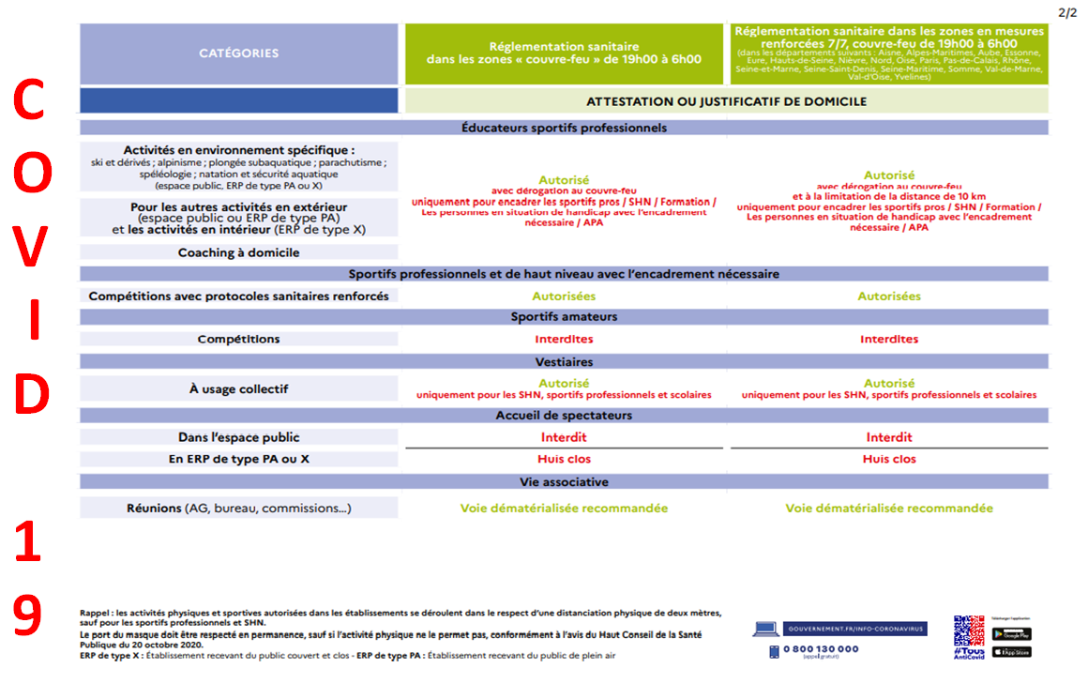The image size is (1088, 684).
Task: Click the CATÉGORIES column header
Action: point(238,53)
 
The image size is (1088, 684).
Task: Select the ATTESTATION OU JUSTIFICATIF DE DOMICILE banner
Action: point(726,101)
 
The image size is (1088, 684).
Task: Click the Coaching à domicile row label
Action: point(238,252)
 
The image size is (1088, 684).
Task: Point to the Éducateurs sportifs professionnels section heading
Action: point(564,128)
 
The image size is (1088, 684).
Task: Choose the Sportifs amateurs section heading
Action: point(564,317)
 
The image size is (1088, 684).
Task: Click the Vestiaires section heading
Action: point(564,362)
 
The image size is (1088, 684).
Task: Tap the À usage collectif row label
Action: point(238,388)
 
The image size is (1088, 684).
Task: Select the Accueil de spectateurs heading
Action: point(564,416)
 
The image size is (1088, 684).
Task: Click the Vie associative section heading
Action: point(564,482)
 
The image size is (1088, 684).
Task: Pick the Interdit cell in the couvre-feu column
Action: point(564,437)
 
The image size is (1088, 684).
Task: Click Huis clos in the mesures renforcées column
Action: point(889,460)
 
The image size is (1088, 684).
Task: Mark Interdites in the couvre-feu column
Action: point(564,340)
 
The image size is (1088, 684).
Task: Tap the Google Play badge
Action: point(1011,634)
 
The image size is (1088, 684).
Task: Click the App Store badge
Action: point(1011,651)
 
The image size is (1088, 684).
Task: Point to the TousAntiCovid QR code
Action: point(969,631)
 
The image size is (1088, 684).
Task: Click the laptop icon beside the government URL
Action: point(766,629)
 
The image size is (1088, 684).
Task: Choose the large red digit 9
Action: point(28,616)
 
